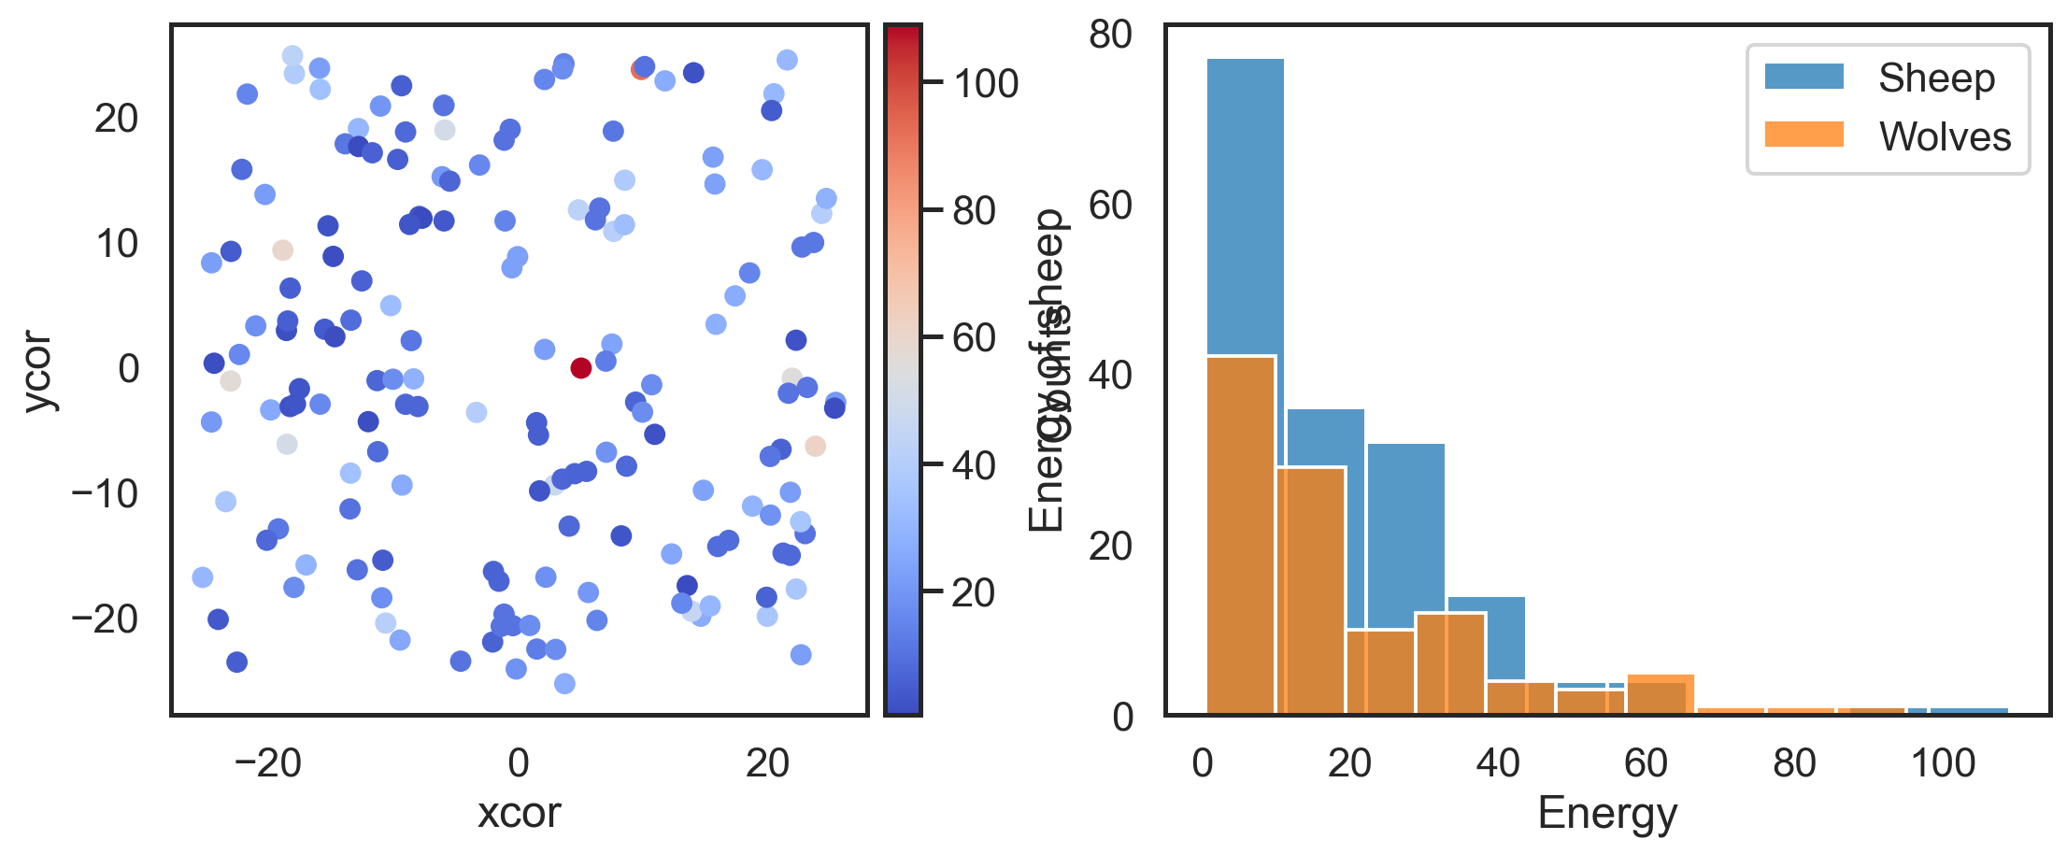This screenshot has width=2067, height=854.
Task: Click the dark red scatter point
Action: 580,368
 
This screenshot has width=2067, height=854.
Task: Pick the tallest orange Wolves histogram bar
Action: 1241,533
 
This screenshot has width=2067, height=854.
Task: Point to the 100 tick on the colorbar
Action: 985,84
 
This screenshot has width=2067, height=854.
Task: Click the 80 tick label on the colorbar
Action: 974,212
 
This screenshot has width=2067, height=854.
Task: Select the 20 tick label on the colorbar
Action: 974,593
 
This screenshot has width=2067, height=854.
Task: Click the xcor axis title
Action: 519,812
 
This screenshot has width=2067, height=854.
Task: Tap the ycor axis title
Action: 40,370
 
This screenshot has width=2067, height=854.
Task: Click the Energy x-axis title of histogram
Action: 1607,812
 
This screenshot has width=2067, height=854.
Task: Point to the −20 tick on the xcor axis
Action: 268,763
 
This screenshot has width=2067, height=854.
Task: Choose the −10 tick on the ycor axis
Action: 105,493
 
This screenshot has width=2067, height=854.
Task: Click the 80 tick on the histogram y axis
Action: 1111,36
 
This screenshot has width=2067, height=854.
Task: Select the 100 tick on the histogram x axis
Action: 1943,763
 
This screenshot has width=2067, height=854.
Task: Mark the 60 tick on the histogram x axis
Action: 1646,763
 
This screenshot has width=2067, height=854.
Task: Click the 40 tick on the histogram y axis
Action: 1111,376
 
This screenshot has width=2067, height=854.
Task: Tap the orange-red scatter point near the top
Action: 640,69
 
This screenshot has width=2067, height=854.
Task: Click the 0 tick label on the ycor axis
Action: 128,369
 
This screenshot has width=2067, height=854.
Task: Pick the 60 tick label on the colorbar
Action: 974,338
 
